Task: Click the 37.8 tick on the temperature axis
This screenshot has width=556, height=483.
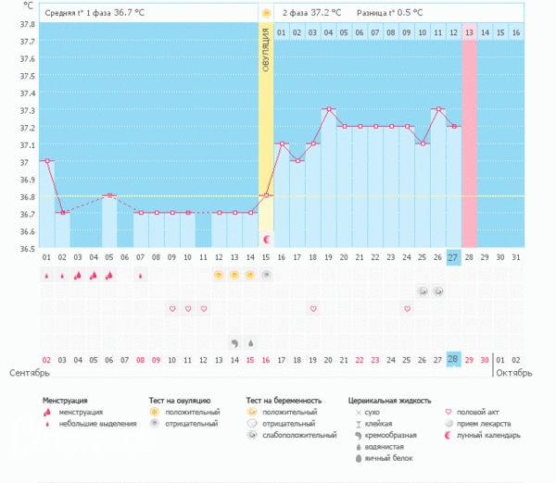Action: coord(28,25)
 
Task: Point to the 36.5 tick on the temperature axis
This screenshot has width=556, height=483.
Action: coord(28,248)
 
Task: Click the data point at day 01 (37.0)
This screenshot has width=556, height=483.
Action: coord(46,161)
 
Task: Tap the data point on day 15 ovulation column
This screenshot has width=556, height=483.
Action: coord(266,195)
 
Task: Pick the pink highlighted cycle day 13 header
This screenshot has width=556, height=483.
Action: coord(470,32)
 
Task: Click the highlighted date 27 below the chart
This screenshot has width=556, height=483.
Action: coord(453,257)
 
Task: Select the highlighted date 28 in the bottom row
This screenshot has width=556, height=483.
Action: coord(453,358)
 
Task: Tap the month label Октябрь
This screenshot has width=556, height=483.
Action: coord(514,373)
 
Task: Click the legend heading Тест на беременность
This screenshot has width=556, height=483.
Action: coord(291,401)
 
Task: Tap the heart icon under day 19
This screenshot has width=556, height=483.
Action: coord(313,308)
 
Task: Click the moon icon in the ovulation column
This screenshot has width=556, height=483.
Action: coord(266,239)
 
